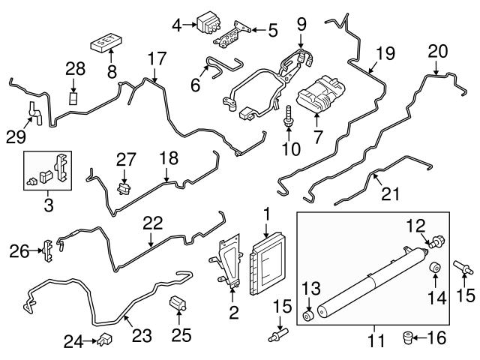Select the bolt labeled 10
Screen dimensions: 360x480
pyautogui.click(x=289, y=114)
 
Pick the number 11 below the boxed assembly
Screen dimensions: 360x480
pyautogui.click(x=375, y=341)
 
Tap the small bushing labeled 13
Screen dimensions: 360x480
pyautogui.click(x=307, y=311)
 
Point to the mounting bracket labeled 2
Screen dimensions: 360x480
pyautogui.click(x=227, y=262)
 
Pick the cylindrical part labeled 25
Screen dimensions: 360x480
pyautogui.click(x=179, y=304)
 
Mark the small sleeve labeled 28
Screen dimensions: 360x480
pyautogui.click(x=74, y=98)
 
